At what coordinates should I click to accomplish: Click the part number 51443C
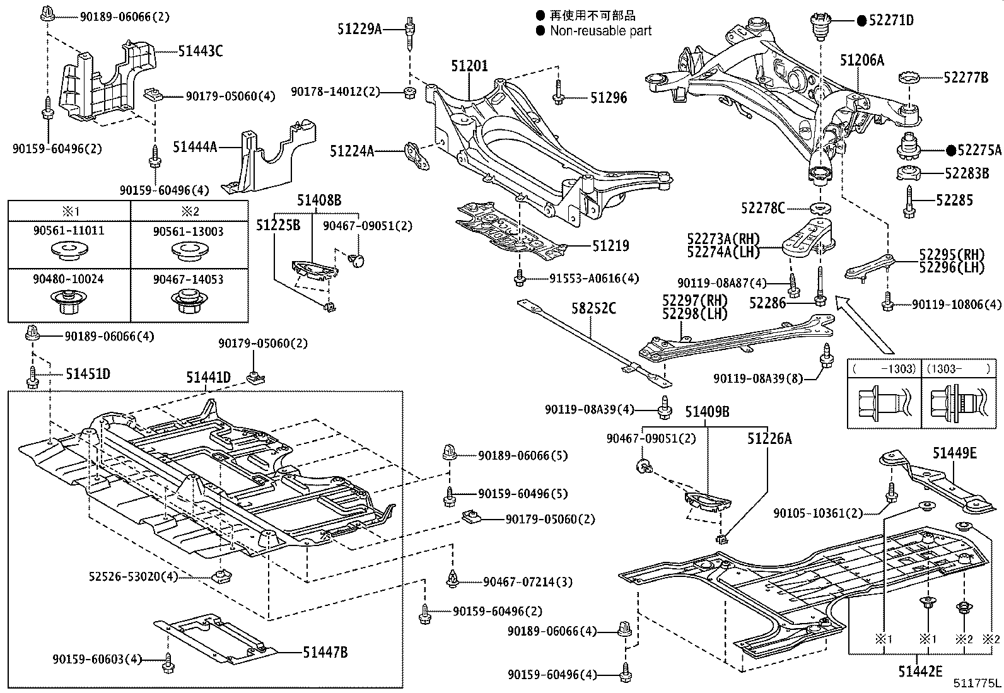coord(200,52)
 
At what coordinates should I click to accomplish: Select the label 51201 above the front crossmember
coord(469,66)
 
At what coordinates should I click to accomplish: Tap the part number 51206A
coord(861,60)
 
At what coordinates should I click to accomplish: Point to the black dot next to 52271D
coord(861,20)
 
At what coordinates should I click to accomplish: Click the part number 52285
coord(954,200)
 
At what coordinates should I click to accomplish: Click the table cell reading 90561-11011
coord(69,231)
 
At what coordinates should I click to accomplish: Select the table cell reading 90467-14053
coord(188,279)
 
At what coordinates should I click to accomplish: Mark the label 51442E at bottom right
coord(920,672)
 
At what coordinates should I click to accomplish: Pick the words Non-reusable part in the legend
coord(600,30)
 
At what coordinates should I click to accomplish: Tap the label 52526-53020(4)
coord(133,576)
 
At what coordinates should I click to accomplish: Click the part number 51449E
coord(955,452)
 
